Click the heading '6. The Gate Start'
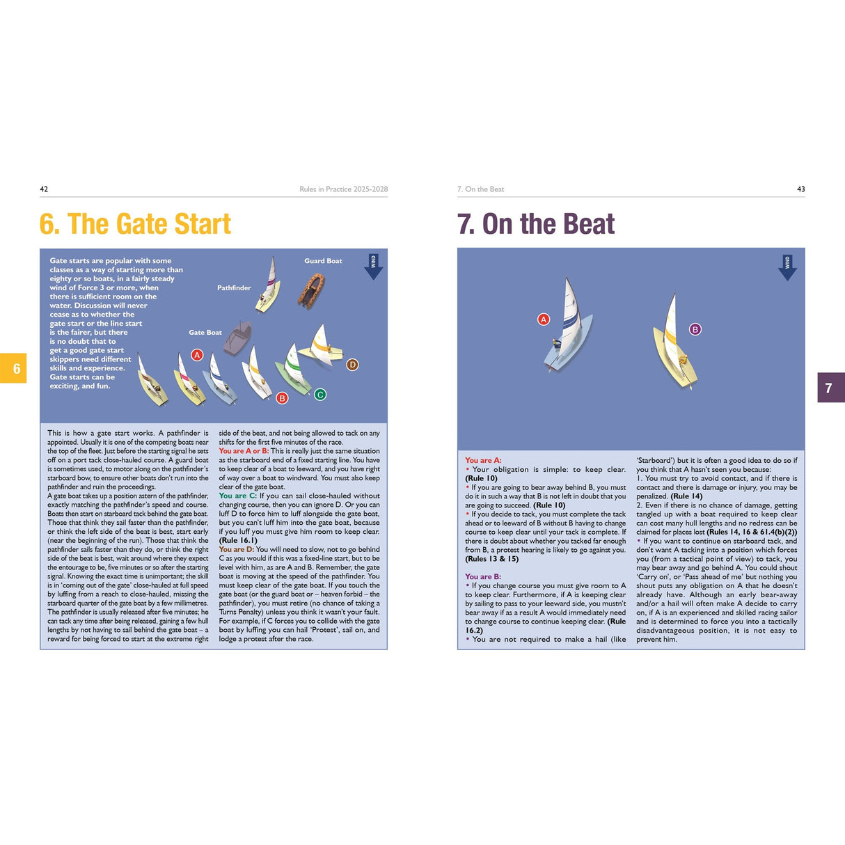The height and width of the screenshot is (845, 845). (x=135, y=224)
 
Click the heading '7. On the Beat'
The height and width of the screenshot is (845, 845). (x=536, y=224)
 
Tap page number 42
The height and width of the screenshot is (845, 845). (x=44, y=189)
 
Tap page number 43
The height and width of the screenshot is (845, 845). (x=800, y=189)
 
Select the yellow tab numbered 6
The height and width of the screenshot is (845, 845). (x=16, y=369)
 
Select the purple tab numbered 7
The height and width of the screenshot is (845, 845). (x=829, y=388)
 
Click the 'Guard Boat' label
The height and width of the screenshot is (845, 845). (x=323, y=261)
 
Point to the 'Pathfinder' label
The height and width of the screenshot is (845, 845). (x=234, y=287)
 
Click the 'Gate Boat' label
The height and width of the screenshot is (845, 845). (x=205, y=332)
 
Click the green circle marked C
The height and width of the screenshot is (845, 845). (x=320, y=395)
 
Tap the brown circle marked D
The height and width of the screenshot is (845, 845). (x=352, y=365)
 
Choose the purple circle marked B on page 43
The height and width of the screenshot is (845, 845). (x=695, y=329)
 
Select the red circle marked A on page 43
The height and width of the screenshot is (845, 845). (x=544, y=319)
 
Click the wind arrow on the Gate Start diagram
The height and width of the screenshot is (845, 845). (x=373, y=267)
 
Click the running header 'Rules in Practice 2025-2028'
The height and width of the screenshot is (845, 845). (x=343, y=189)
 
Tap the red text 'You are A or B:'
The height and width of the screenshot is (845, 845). (x=244, y=451)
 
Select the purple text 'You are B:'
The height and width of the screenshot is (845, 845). (x=483, y=576)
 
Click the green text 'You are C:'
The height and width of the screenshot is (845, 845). (x=237, y=496)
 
